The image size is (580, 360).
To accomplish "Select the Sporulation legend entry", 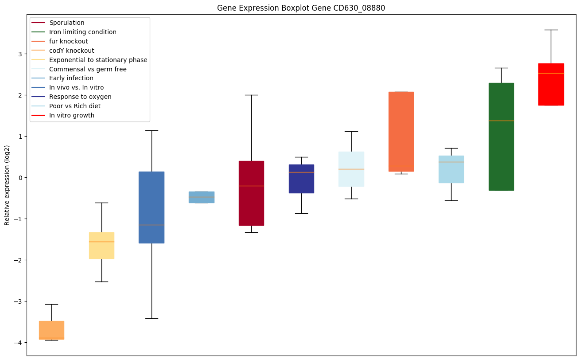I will (67, 23).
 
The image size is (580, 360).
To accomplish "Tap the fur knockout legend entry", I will (69, 41).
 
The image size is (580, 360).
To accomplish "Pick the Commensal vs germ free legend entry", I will (88, 69).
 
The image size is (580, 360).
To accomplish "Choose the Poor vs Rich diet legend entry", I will (75, 106).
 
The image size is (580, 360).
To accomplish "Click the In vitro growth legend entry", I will (72, 115).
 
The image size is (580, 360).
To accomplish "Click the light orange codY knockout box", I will (51, 329).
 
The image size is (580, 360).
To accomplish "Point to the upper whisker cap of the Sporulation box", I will (251, 95).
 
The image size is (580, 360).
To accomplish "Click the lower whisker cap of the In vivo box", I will (152, 318).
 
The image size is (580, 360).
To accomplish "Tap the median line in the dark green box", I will (501, 121).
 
